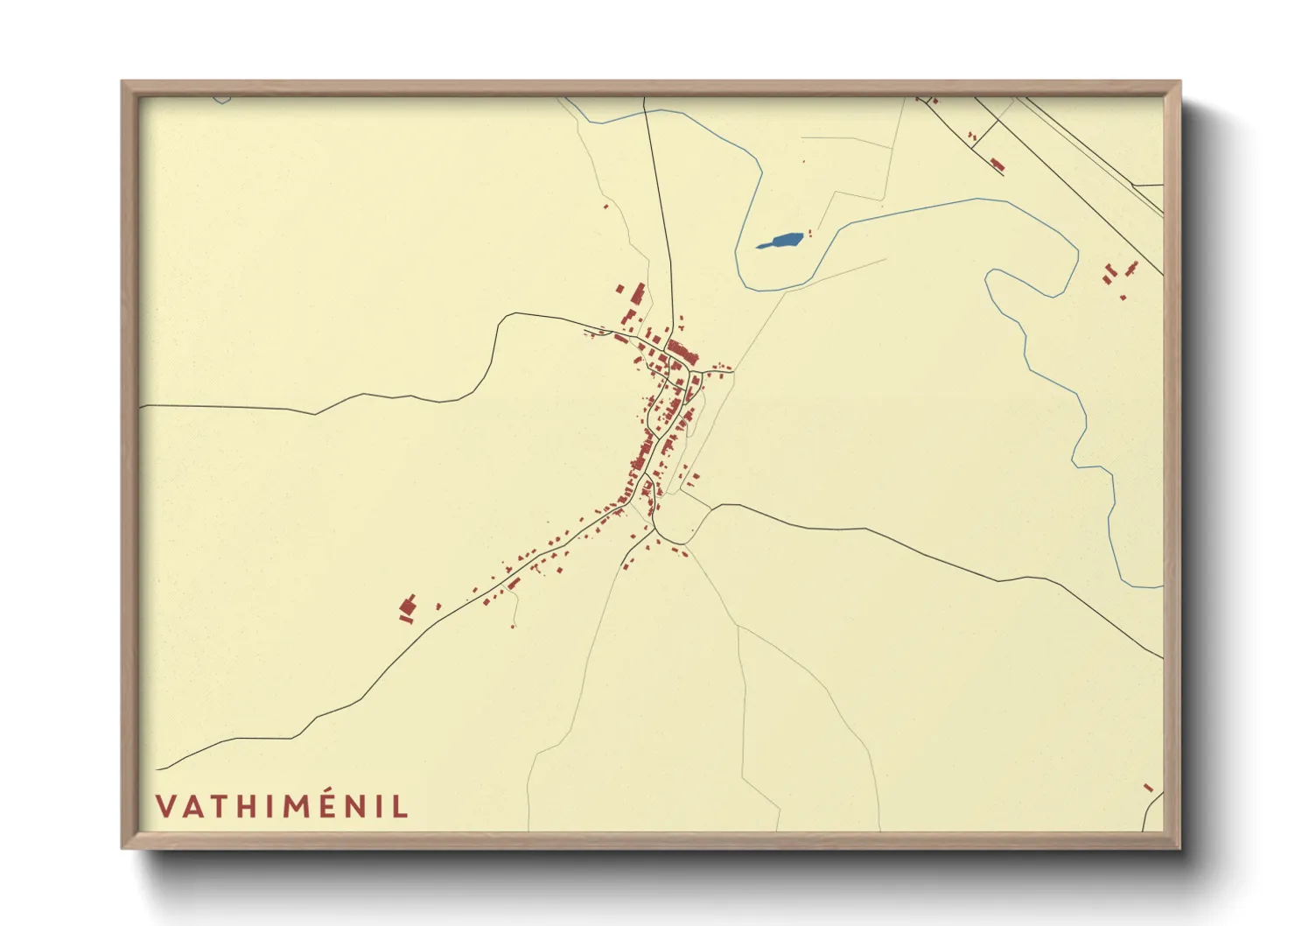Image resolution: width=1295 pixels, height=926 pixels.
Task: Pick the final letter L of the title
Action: point(401,806)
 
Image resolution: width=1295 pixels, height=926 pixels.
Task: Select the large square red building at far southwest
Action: point(407,605)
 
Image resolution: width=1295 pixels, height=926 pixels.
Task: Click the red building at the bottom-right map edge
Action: point(1149,788)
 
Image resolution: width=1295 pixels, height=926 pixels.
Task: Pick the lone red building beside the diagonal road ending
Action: point(997,163)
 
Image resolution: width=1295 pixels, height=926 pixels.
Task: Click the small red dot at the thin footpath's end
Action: point(513,626)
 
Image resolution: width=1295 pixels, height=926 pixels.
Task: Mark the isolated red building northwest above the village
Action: point(605,207)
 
